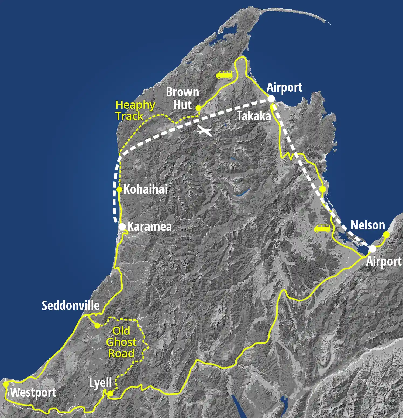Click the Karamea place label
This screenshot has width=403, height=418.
(x=149, y=227)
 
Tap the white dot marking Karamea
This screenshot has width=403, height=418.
(x=122, y=227)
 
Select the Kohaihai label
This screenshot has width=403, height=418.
(x=146, y=189)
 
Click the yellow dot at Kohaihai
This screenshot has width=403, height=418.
(x=119, y=189)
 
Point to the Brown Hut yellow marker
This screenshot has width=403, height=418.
(x=198, y=108)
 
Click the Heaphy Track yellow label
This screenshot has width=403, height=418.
(x=135, y=111)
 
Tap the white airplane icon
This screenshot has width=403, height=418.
(x=204, y=131)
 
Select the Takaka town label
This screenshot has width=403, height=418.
(x=254, y=116)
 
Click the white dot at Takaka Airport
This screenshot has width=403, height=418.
(x=271, y=99)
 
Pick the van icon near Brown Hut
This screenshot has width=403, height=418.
(x=224, y=75)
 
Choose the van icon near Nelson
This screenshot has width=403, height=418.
(x=322, y=228)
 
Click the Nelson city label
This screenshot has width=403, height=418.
(x=368, y=225)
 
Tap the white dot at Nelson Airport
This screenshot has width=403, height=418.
(x=372, y=249)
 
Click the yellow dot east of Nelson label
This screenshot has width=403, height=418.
(x=386, y=235)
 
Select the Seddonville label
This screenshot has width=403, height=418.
(x=71, y=306)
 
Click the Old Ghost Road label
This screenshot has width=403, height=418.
(x=121, y=342)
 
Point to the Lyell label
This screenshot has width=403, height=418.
(x=101, y=383)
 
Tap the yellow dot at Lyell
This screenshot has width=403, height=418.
(x=110, y=394)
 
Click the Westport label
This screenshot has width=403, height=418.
(x=33, y=392)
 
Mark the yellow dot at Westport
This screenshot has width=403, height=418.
(x=5, y=384)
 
